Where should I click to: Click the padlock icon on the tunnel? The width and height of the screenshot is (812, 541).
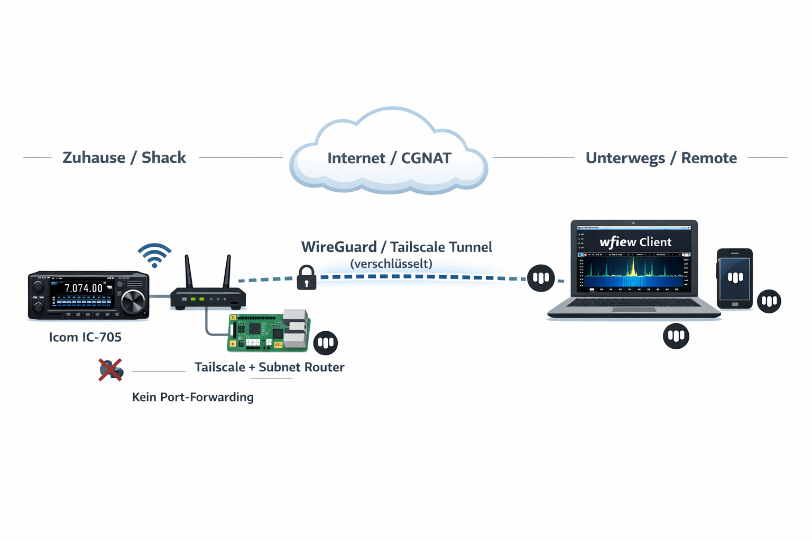[307, 278]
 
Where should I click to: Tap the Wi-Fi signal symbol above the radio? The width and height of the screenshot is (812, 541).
[154, 255]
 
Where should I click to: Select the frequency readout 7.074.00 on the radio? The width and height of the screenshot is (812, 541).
[84, 288]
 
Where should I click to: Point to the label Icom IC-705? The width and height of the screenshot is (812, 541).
[85, 337]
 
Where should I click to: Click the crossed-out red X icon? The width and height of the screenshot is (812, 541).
[110, 369]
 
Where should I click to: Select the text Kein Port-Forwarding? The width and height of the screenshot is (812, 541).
[192, 397]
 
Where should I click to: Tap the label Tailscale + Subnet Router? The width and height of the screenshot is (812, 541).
[269, 367]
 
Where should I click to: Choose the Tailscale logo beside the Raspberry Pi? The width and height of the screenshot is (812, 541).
[326, 343]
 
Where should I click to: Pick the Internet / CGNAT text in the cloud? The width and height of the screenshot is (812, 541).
[389, 158]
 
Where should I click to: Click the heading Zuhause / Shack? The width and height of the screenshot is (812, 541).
[124, 157]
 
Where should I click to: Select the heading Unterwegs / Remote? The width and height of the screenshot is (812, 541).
[661, 158]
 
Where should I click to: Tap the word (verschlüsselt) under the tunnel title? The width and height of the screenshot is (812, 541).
[391, 264]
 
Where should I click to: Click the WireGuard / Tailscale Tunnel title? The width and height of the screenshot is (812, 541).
[396, 247]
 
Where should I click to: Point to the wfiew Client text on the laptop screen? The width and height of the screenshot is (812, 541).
[635, 242]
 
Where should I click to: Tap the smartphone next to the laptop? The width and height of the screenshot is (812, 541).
[734, 278]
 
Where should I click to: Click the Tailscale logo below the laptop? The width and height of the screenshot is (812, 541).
[676, 336]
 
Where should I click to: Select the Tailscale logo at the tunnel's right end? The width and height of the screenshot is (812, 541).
[541, 278]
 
